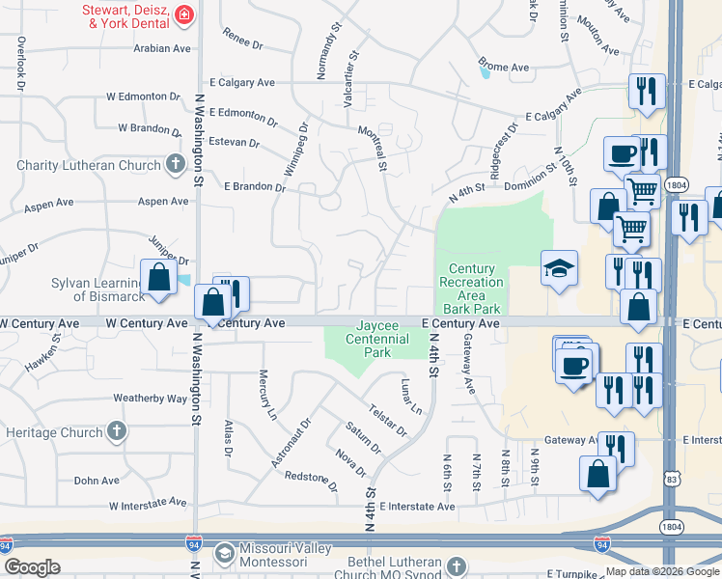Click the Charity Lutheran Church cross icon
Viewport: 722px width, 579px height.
[175, 165]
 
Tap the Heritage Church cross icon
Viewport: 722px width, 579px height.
[116, 431]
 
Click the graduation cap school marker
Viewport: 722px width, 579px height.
[559, 269]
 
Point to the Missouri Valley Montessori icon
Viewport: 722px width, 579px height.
[224, 552]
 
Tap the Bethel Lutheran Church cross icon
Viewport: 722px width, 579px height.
[456, 566]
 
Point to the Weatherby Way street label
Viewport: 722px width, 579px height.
[150, 398]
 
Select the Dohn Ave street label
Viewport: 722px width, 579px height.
[97, 480]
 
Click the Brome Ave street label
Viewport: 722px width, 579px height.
[505, 67]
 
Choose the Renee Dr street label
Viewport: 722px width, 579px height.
[242, 43]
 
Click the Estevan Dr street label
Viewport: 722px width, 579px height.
[235, 143]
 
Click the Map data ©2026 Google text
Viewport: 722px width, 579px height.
[661, 571]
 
